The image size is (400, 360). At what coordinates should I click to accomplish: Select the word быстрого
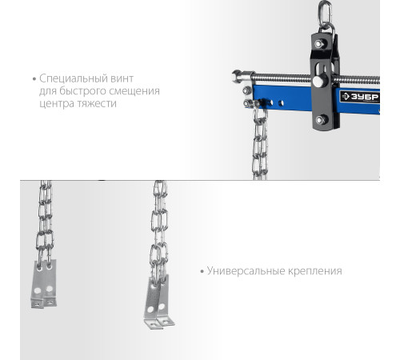pyautogui.click(x=83, y=91)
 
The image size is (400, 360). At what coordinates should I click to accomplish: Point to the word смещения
pyautogui.click(x=134, y=91)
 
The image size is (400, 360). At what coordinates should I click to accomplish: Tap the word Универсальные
pyautogui.click(x=246, y=271)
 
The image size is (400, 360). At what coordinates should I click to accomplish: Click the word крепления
pyautogui.click(x=314, y=271)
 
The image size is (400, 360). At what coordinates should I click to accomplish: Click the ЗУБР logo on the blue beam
pyautogui.click(x=360, y=97)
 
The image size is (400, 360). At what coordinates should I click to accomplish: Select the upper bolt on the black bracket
pyautogui.click(x=319, y=44)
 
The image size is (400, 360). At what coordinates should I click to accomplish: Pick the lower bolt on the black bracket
pyautogui.click(x=321, y=120)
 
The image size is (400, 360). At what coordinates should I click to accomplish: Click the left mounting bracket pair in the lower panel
pyautogui.click(x=44, y=284)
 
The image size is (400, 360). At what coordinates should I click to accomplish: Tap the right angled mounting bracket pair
pyautogui.click(x=159, y=302)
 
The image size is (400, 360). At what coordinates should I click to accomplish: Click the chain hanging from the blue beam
pyautogui.click(x=260, y=142)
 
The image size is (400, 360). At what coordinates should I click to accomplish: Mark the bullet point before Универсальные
pyautogui.click(x=202, y=272)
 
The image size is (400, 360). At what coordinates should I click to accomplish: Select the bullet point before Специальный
pyautogui.click(x=34, y=79)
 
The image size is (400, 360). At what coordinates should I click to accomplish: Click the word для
pyautogui.click(x=48, y=91)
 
